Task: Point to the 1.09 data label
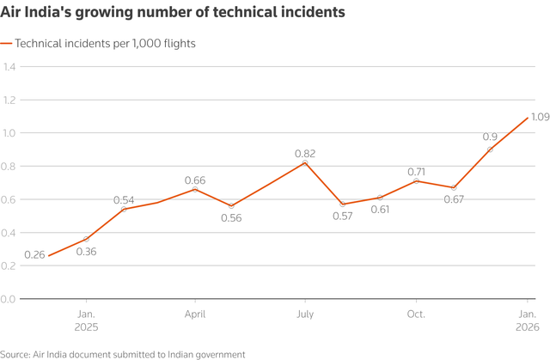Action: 539,116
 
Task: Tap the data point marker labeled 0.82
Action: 305,162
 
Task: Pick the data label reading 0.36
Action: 87,252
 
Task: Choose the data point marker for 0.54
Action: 125,209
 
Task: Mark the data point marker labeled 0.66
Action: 195,189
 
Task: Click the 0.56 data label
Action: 230,218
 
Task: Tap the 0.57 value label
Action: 342,217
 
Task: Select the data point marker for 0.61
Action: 379,198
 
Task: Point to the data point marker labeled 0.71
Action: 416,180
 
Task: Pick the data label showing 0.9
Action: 490,137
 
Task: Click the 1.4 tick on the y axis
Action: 9,67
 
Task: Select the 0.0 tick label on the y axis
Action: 9,298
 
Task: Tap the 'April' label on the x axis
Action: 195,314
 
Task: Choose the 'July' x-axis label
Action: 305,314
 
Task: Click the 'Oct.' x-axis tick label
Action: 416,314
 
